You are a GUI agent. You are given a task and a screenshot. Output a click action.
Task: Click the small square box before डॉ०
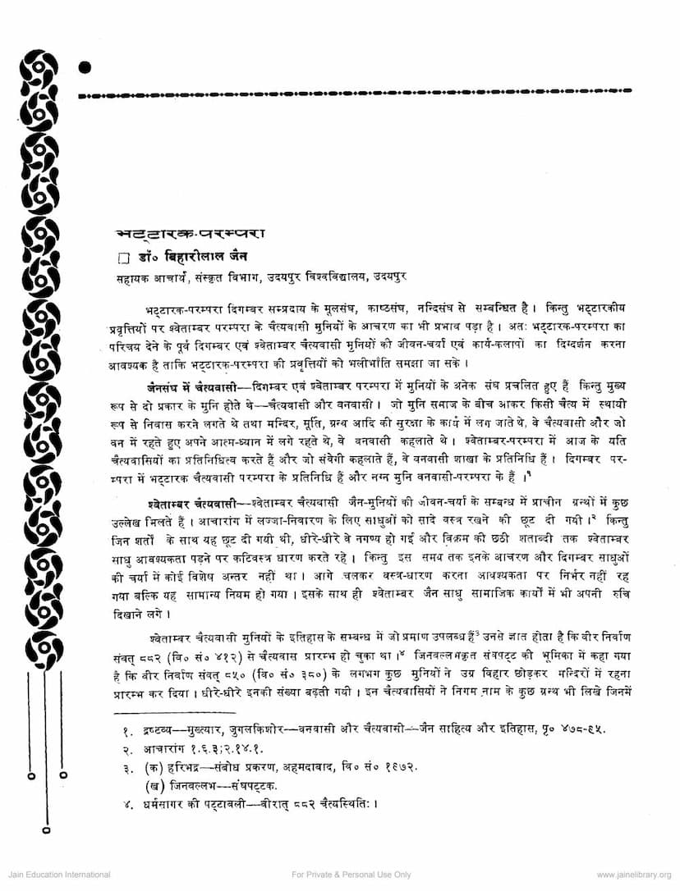123,258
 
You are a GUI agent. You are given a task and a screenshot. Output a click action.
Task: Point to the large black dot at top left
85,68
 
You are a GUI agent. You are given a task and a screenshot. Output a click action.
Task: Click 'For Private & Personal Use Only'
351,875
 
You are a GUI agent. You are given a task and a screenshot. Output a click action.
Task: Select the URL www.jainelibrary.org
634,875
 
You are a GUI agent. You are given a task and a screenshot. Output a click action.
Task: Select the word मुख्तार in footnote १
186,729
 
